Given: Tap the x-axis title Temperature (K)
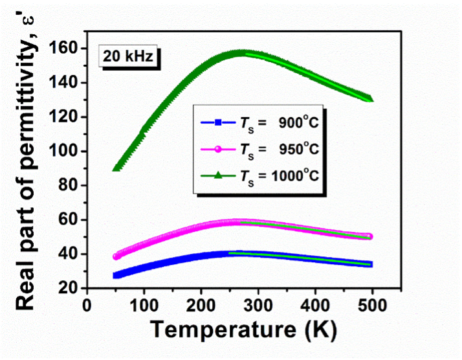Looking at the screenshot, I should coord(244,330).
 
